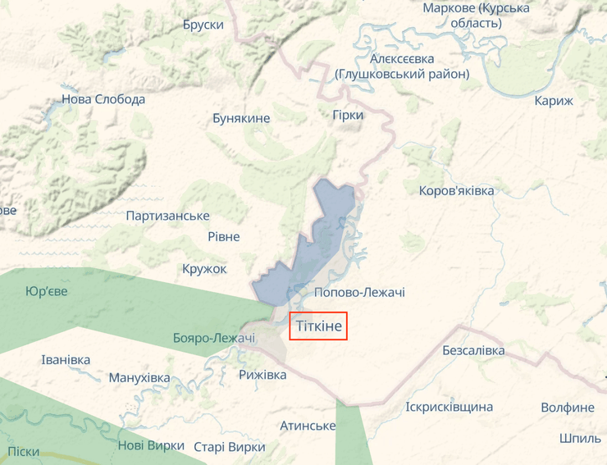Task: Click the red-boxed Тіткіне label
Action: [x=319, y=326]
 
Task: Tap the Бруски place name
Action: [x=203, y=25]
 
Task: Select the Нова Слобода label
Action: [x=103, y=99]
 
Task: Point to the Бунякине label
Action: [x=241, y=118]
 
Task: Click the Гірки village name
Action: [x=348, y=115]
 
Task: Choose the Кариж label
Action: [x=554, y=101]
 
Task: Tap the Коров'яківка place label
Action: [x=456, y=190]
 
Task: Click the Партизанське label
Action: [x=167, y=216]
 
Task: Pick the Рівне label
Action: [x=224, y=236]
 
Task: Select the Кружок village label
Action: [x=204, y=268]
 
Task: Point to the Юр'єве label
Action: [x=47, y=291]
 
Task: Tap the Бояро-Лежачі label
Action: [x=214, y=338]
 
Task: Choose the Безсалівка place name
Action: [x=473, y=350]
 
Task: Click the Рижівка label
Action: [x=262, y=374]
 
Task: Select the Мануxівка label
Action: [x=139, y=378]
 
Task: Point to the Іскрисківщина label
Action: [x=450, y=407]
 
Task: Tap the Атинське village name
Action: [x=308, y=426]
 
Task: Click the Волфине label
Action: [x=568, y=407]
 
